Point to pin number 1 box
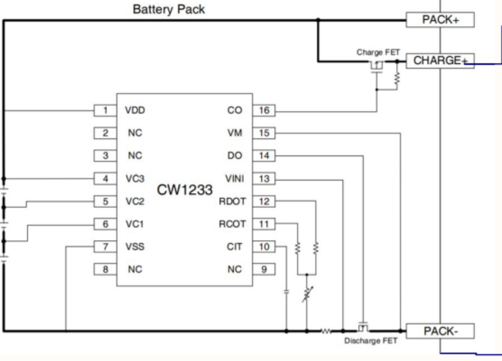105,110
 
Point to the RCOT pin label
236,224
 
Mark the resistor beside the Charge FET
397,78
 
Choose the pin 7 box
105,247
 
